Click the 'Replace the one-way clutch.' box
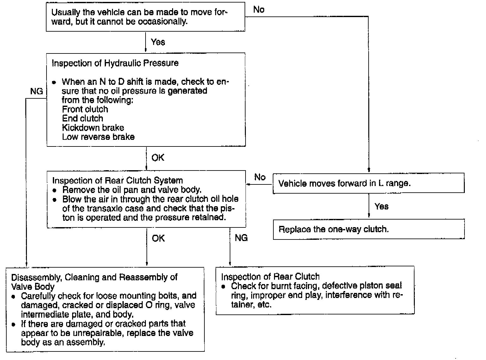click(369, 229)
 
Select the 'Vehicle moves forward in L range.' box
click(369, 183)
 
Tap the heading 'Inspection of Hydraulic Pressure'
click(115, 63)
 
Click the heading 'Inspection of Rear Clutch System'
click(117, 180)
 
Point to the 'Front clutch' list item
click(85, 109)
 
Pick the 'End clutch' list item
click(83, 118)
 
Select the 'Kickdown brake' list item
click(93, 127)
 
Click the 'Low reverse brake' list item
click(98, 137)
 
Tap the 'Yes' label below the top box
click(158, 42)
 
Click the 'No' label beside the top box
click(259, 9)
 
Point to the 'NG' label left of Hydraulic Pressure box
click(36, 91)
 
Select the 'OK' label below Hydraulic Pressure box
click(158, 158)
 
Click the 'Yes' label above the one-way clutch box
click(381, 207)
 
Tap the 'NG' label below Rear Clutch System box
click(241, 238)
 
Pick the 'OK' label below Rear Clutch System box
click(158, 238)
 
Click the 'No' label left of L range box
click(260, 177)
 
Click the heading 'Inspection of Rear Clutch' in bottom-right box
click(270, 276)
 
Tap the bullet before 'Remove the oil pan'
click(55, 190)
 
